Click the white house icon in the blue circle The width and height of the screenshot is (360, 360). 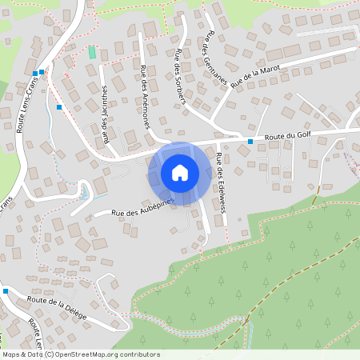point(180,173)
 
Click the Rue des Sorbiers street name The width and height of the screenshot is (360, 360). point(179,77)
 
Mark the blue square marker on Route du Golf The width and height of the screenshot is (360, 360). point(250,142)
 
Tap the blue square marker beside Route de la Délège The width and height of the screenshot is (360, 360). point(6,291)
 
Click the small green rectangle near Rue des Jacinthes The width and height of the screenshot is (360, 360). point(92,52)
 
